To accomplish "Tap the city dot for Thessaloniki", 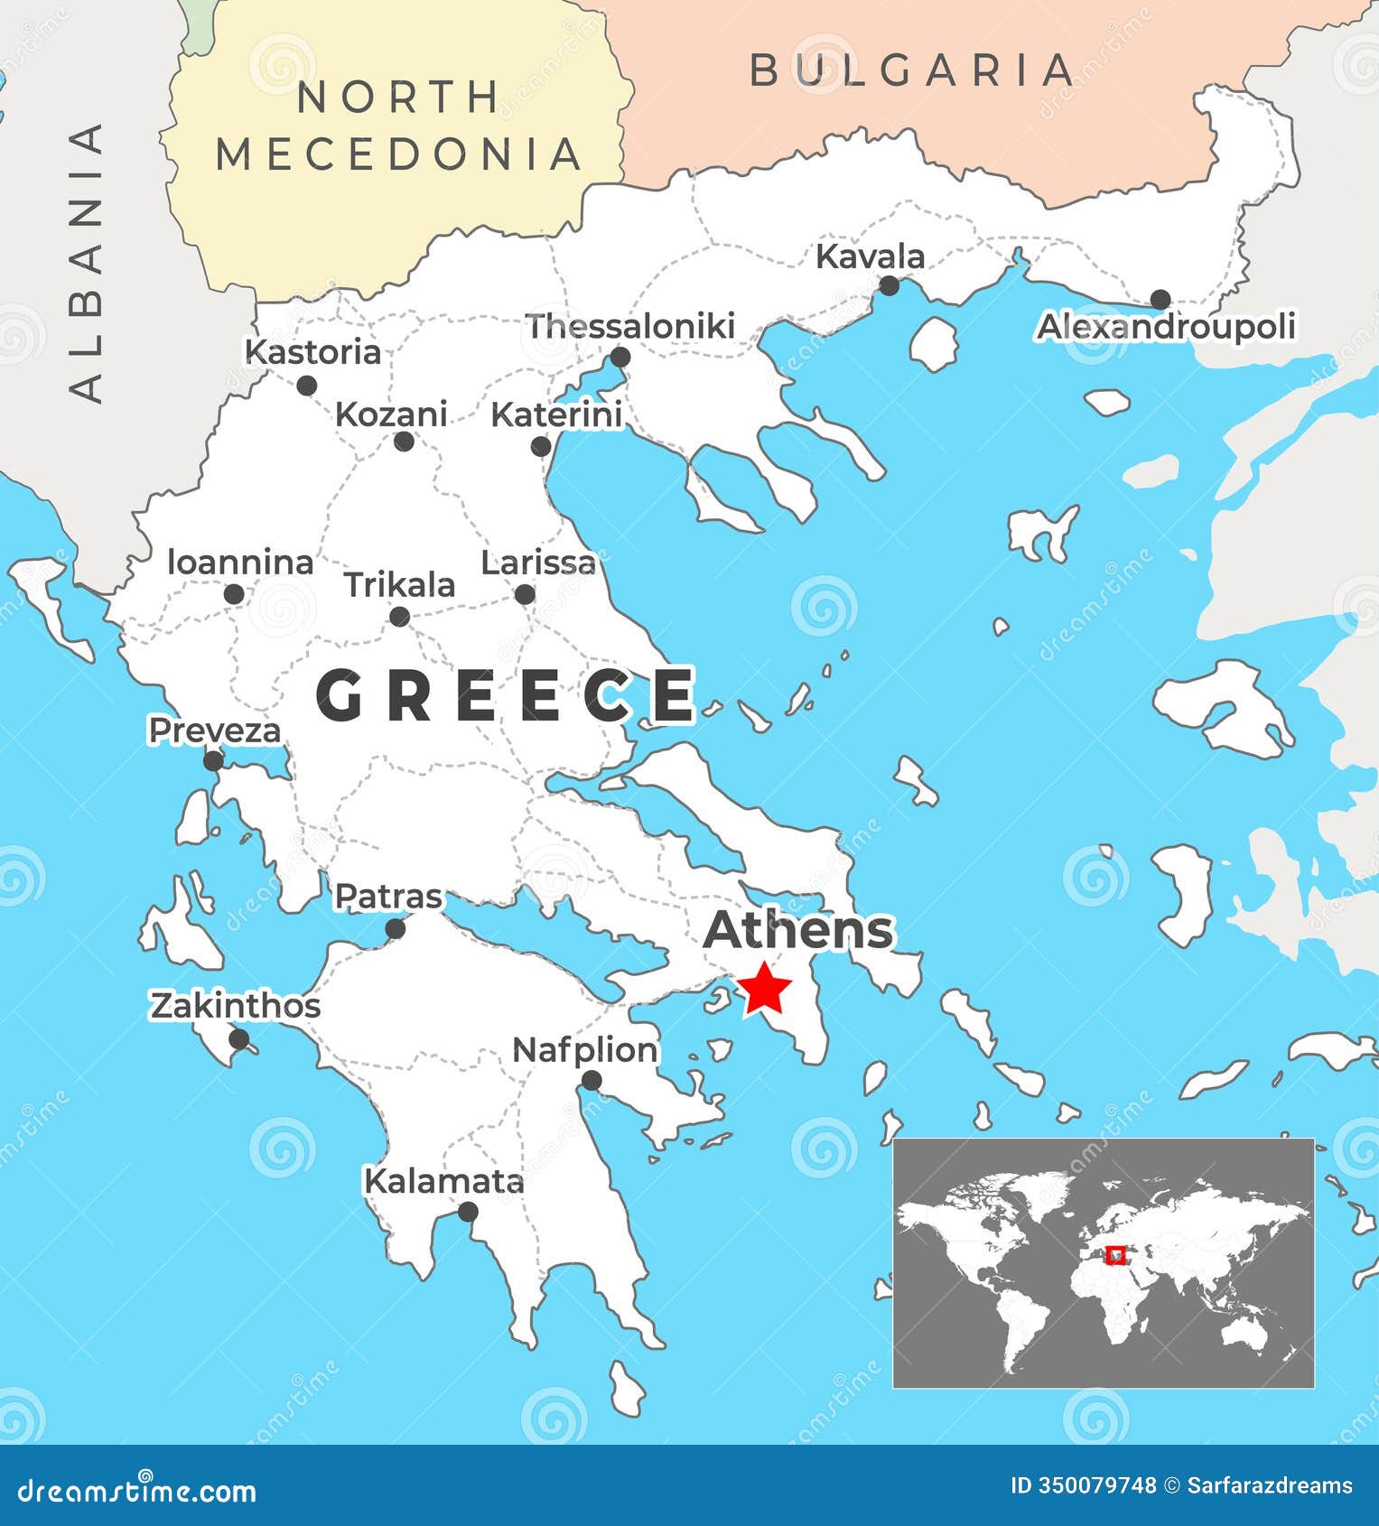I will coord(620,358).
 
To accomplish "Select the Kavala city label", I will coord(870,256).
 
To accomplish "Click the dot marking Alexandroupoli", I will coord(1160,300).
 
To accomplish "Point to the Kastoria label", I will coord(313,352).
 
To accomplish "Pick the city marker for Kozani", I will coord(404,442).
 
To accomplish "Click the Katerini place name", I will coord(556,415).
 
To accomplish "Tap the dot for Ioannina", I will coord(234,594).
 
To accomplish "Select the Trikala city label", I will coord(399,585).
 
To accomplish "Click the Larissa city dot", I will coord(525,594).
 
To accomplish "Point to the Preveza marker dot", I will coord(213,761).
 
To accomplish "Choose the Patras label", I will coord(388,897).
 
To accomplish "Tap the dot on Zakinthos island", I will coord(239,1039).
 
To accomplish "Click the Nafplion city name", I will coord(585,1050).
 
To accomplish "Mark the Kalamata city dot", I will coord(468,1212).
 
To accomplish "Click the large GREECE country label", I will coord(505,696).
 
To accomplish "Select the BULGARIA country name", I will coord(913,70).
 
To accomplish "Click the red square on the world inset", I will coord(1116,1255).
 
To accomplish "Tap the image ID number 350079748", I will coord(1082,1485).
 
